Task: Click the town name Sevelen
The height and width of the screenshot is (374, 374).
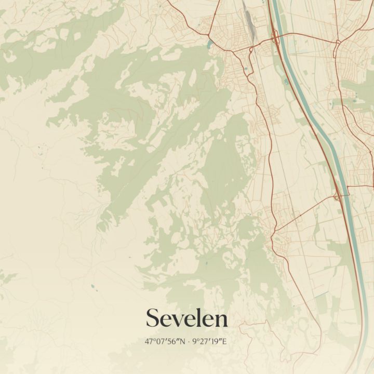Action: [186, 318]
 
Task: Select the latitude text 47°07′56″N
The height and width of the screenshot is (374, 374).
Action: [167, 342]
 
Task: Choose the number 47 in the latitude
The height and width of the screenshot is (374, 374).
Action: [150, 342]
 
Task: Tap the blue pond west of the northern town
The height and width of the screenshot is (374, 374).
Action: [210, 42]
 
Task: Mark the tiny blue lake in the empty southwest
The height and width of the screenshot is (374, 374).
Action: [92, 286]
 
